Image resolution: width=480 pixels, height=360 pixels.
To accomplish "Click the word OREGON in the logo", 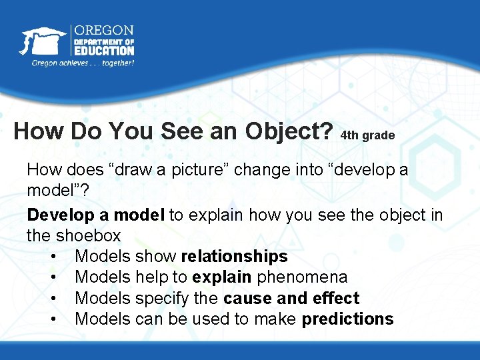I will (103, 31).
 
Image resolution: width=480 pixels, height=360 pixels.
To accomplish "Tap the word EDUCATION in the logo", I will (103, 50).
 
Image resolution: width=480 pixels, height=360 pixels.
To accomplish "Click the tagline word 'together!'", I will (115, 63).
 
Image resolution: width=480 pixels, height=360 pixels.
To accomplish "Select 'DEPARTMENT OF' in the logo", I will (103, 41).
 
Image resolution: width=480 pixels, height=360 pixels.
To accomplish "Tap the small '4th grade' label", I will (367, 135).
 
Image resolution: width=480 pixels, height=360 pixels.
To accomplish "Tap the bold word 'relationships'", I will (234, 256).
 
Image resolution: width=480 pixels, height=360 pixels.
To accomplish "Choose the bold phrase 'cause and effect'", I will (291, 298).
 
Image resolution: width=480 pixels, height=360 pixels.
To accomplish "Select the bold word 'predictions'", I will (347, 319).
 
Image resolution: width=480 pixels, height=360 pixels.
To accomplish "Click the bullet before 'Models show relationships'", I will (53, 257).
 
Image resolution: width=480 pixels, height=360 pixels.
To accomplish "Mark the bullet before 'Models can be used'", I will (53, 319).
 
